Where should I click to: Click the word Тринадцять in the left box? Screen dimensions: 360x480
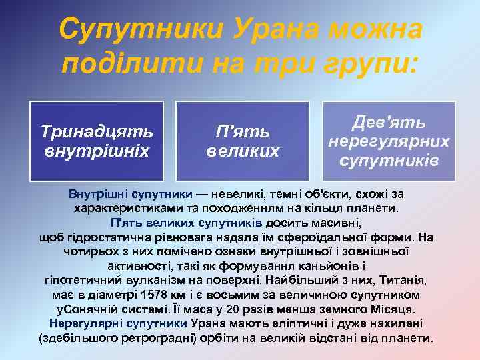click(97, 128)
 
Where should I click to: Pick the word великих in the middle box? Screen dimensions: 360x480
click(242, 151)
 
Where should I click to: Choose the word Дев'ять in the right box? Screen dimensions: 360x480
click(388, 123)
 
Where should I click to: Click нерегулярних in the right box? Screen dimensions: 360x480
click(388, 142)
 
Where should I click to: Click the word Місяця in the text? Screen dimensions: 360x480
click(393, 309)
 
